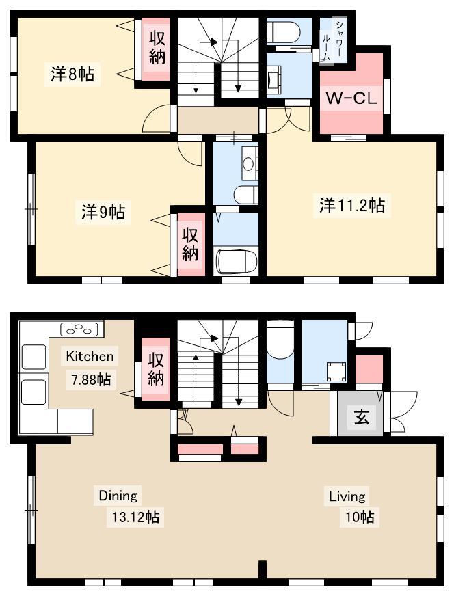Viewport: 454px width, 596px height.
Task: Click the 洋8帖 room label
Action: point(72,74)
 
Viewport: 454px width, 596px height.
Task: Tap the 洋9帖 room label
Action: point(103,212)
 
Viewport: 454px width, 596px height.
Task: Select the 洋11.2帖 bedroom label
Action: point(352,206)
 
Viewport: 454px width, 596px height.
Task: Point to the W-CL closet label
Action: point(351,98)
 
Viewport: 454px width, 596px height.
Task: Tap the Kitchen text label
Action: point(90,356)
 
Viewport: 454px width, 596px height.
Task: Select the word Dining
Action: point(118,496)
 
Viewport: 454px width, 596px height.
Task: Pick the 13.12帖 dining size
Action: point(135,517)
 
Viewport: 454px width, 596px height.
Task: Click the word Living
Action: point(347,496)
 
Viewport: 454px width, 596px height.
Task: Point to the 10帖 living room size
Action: point(360,517)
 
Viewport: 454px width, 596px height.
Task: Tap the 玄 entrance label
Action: point(362,418)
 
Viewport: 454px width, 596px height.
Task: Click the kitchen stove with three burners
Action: point(82,329)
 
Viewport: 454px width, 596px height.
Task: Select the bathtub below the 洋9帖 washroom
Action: point(237,260)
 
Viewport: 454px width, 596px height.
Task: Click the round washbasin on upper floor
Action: point(248,164)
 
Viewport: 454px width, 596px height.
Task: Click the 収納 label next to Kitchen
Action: point(155,368)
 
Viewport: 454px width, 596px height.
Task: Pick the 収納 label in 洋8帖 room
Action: point(157,49)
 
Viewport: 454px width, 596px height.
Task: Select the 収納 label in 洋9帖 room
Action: point(190,244)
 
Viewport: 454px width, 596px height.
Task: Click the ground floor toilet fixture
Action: point(280,339)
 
